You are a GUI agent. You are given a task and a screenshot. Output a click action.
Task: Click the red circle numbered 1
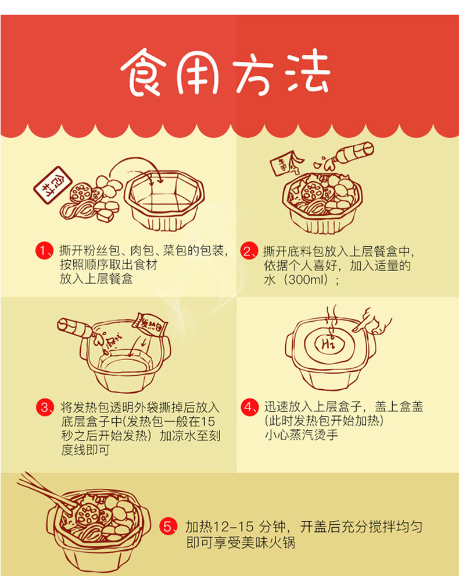click(x=44, y=251)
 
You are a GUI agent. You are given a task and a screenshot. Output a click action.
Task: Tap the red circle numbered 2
click(x=249, y=251)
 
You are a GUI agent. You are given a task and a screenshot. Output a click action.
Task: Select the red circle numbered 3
click(x=45, y=407)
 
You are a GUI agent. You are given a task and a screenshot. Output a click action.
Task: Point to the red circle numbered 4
click(x=249, y=407)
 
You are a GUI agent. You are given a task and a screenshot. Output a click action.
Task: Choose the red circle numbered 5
click(x=168, y=527)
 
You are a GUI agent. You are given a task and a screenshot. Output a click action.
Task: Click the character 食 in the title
click(x=144, y=72)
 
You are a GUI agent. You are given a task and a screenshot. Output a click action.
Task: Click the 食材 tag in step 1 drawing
click(x=52, y=185)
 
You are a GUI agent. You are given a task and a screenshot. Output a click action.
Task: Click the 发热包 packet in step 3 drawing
click(x=150, y=324)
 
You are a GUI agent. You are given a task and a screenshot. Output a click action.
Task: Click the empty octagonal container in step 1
click(x=164, y=200)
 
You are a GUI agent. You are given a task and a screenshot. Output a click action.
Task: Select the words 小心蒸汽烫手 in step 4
click(x=301, y=435)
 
